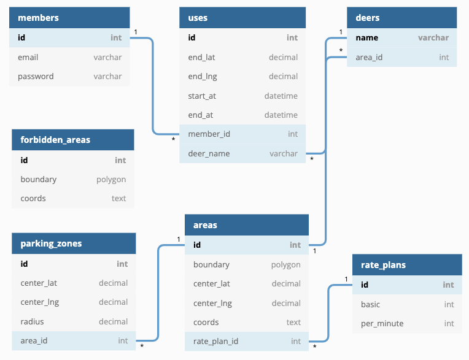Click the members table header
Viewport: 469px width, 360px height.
click(x=38, y=18)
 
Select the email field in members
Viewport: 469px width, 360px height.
click(x=28, y=57)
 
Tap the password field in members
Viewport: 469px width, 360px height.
click(x=36, y=76)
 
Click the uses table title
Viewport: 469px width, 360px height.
click(x=198, y=18)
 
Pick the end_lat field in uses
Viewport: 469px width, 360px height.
click(x=201, y=57)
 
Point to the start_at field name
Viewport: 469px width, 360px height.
click(x=202, y=96)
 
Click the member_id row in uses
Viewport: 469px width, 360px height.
click(x=209, y=134)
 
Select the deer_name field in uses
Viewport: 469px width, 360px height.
click(x=209, y=153)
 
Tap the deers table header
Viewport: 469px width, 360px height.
click(x=368, y=18)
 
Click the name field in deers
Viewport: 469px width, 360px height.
click(x=367, y=37)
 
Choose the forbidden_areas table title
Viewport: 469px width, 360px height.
click(x=55, y=140)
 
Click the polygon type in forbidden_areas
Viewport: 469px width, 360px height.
click(x=111, y=179)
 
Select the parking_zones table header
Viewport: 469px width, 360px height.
click(x=51, y=243)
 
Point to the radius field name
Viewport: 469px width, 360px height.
click(x=32, y=321)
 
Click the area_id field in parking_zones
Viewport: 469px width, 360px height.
click(x=34, y=340)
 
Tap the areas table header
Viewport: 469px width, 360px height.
click(x=205, y=225)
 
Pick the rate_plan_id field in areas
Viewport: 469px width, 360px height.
click(x=215, y=341)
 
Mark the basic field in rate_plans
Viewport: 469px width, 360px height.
click(x=370, y=304)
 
